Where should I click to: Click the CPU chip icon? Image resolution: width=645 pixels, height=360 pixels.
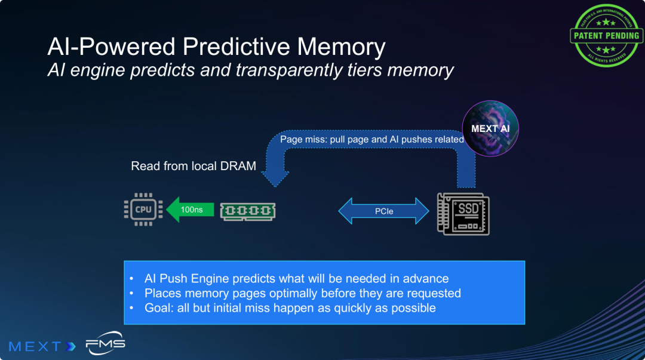coord(143,210)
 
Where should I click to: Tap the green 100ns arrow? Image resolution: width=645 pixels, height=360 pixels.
coord(190,210)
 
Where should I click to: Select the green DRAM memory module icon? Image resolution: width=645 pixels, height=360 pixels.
coord(248,210)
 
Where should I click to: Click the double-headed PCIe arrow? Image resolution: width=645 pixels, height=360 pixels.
coord(384,211)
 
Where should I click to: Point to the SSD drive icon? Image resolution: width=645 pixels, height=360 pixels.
coord(463,213)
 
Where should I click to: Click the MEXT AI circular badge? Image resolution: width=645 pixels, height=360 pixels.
coord(490,128)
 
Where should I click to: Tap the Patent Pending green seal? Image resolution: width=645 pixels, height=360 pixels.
coord(606,35)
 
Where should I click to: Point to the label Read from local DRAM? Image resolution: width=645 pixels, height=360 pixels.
coord(193,166)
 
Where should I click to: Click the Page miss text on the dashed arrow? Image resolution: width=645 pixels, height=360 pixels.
coord(371,139)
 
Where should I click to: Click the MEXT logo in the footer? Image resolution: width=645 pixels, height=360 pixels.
coord(42,346)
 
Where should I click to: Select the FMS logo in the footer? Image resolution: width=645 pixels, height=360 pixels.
coord(105,344)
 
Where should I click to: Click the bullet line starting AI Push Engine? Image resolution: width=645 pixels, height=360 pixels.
coord(296,279)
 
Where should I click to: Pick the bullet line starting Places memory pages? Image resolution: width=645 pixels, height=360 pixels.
coord(302,293)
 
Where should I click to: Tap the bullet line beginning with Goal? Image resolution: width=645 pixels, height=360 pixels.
coord(290,308)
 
